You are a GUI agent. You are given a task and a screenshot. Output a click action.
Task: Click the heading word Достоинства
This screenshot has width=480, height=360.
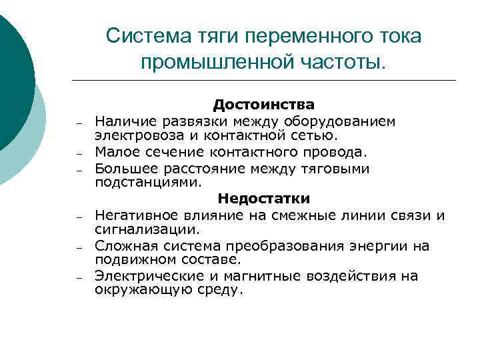(264, 105)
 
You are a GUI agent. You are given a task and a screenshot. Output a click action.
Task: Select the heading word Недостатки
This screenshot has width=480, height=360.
(264, 198)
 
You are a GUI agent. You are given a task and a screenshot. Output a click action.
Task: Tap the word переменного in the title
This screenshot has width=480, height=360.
(294, 35)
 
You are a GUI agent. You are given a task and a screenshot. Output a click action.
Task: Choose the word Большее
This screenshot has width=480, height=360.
(123, 169)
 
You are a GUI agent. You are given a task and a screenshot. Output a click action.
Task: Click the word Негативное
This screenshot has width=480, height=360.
(132, 215)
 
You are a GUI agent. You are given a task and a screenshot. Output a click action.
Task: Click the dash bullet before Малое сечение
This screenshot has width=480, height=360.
(78, 153)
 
